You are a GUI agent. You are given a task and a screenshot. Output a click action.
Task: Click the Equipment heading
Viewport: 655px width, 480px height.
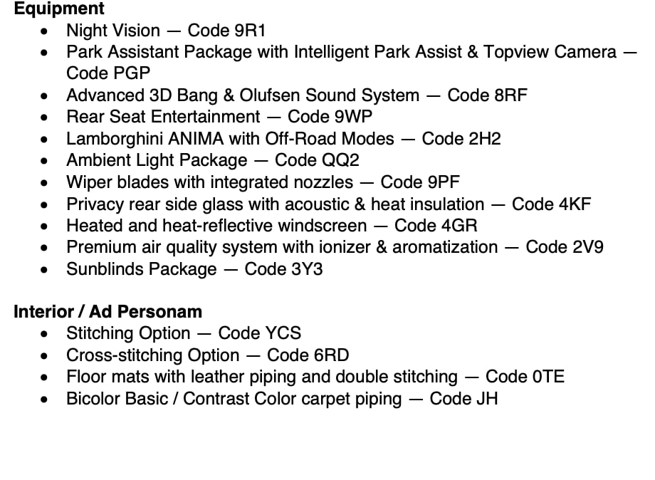click(x=59, y=9)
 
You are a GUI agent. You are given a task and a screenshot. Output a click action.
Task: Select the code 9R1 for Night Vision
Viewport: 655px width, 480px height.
click(x=250, y=31)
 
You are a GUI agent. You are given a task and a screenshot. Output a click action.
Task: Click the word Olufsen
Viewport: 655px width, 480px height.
click(x=269, y=95)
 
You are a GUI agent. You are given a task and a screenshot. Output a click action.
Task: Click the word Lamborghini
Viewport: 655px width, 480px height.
click(x=115, y=139)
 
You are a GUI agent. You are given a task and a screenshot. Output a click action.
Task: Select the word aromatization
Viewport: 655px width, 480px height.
click(x=445, y=247)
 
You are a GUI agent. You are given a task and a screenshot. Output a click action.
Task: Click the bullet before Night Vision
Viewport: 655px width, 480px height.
click(x=44, y=31)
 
